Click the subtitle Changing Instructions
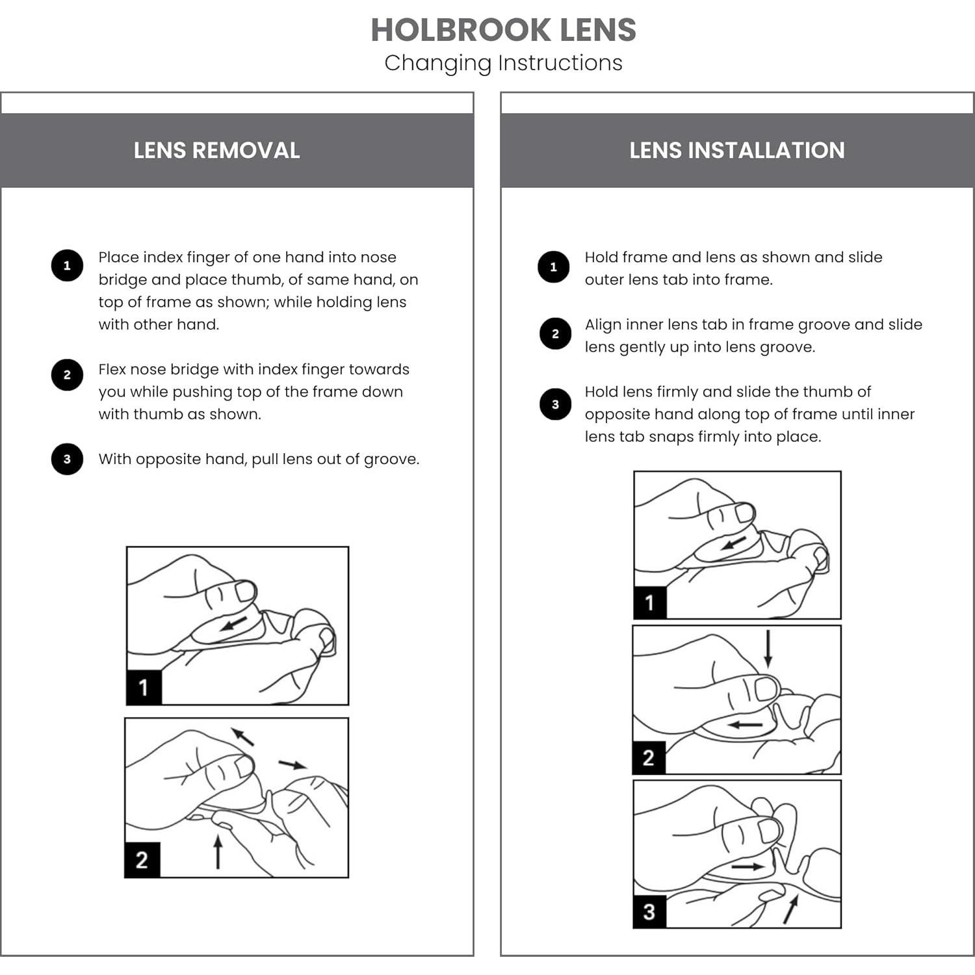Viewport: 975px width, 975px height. pyautogui.click(x=503, y=63)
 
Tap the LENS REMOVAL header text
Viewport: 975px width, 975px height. pyautogui.click(x=216, y=150)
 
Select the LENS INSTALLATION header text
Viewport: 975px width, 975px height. pyautogui.click(x=736, y=150)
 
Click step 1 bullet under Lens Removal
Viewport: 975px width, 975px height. pyautogui.click(x=67, y=265)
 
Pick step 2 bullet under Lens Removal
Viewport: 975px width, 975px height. pyautogui.click(x=67, y=375)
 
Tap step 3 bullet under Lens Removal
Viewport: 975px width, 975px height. pyautogui.click(x=67, y=459)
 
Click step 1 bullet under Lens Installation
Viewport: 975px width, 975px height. pyautogui.click(x=554, y=267)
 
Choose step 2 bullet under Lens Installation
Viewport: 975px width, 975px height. pyautogui.click(x=555, y=333)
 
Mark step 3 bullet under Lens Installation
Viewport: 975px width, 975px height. pyautogui.click(x=555, y=404)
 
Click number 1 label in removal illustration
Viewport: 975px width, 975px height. pyautogui.click(x=144, y=687)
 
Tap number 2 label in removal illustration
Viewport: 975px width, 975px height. pyautogui.click(x=142, y=859)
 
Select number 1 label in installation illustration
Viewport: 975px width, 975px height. pyautogui.click(x=649, y=603)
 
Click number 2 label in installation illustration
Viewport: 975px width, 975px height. pyautogui.click(x=648, y=757)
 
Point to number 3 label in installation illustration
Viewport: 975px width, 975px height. pyautogui.click(x=649, y=911)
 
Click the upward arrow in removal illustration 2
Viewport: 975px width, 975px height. pyautogui.click(x=218, y=851)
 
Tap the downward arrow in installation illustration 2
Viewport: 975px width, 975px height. pyautogui.click(x=768, y=648)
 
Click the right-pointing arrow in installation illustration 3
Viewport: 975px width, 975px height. pyautogui.click(x=747, y=866)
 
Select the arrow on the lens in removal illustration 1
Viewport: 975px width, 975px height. pyautogui.click(x=233, y=624)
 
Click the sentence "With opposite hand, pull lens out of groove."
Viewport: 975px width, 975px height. pyautogui.click(x=259, y=459)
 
